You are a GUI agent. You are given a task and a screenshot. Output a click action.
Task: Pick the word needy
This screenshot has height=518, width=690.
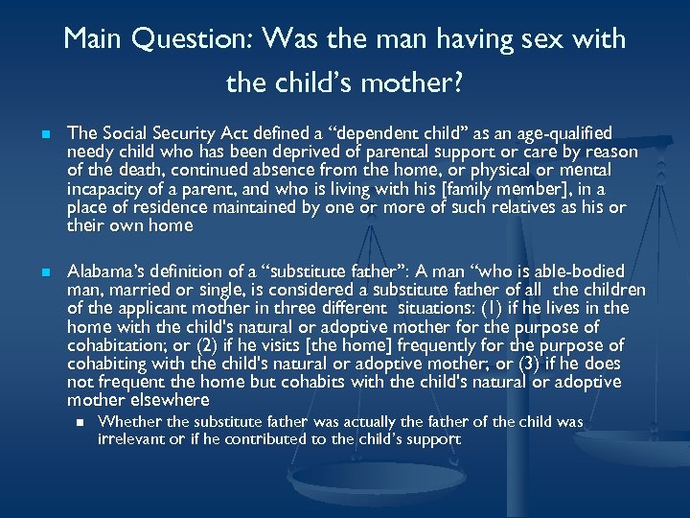coord(91,152)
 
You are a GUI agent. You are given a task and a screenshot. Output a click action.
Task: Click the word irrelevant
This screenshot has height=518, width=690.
coord(135,439)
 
